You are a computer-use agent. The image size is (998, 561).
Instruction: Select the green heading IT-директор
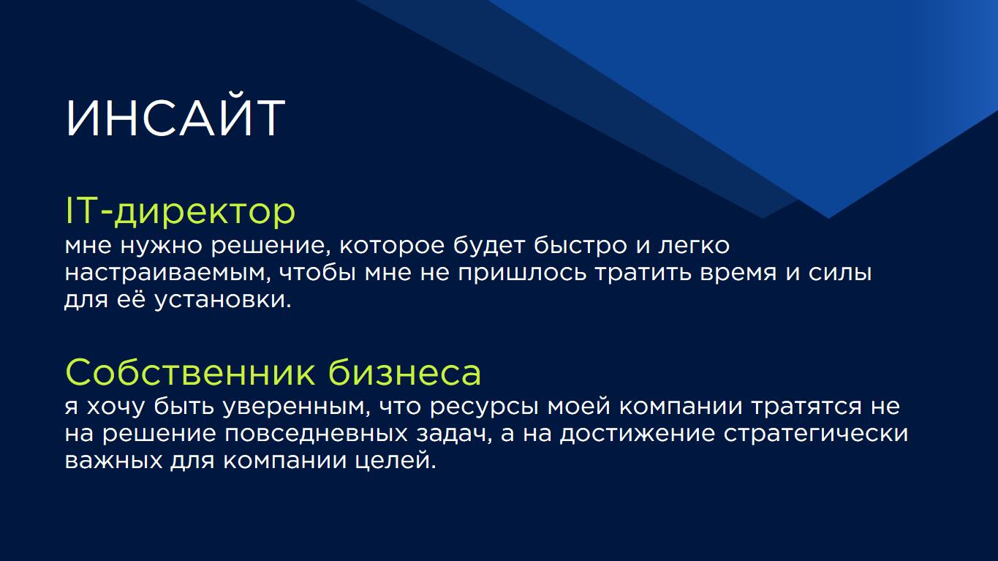180,211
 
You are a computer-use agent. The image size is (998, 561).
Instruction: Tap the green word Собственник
190,372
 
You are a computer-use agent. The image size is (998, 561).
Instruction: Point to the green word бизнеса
404,372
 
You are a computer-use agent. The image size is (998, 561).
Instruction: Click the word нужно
162,246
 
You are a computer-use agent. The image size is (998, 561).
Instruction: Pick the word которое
392,246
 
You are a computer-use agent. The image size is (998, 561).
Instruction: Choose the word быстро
580,246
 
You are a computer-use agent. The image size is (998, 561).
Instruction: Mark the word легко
694,246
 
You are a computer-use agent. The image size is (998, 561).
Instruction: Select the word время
738,274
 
